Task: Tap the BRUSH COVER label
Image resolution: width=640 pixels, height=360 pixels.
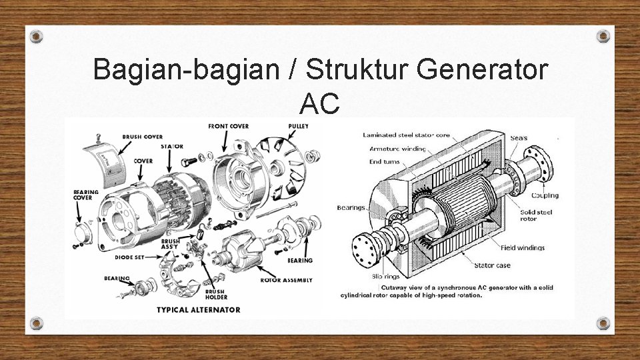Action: (x=143, y=137)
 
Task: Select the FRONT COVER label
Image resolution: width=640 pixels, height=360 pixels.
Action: (x=229, y=126)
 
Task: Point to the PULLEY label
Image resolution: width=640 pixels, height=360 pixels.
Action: (x=298, y=127)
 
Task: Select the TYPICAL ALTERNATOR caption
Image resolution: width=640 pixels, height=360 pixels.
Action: (x=198, y=309)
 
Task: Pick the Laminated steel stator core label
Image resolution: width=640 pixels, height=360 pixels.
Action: (x=406, y=135)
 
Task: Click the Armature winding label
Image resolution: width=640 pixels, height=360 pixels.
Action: (x=397, y=149)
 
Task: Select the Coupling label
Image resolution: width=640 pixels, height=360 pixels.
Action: (x=545, y=195)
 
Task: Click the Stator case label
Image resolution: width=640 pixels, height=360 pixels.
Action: (x=492, y=265)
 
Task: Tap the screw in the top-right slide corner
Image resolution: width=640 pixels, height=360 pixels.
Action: (x=603, y=36)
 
